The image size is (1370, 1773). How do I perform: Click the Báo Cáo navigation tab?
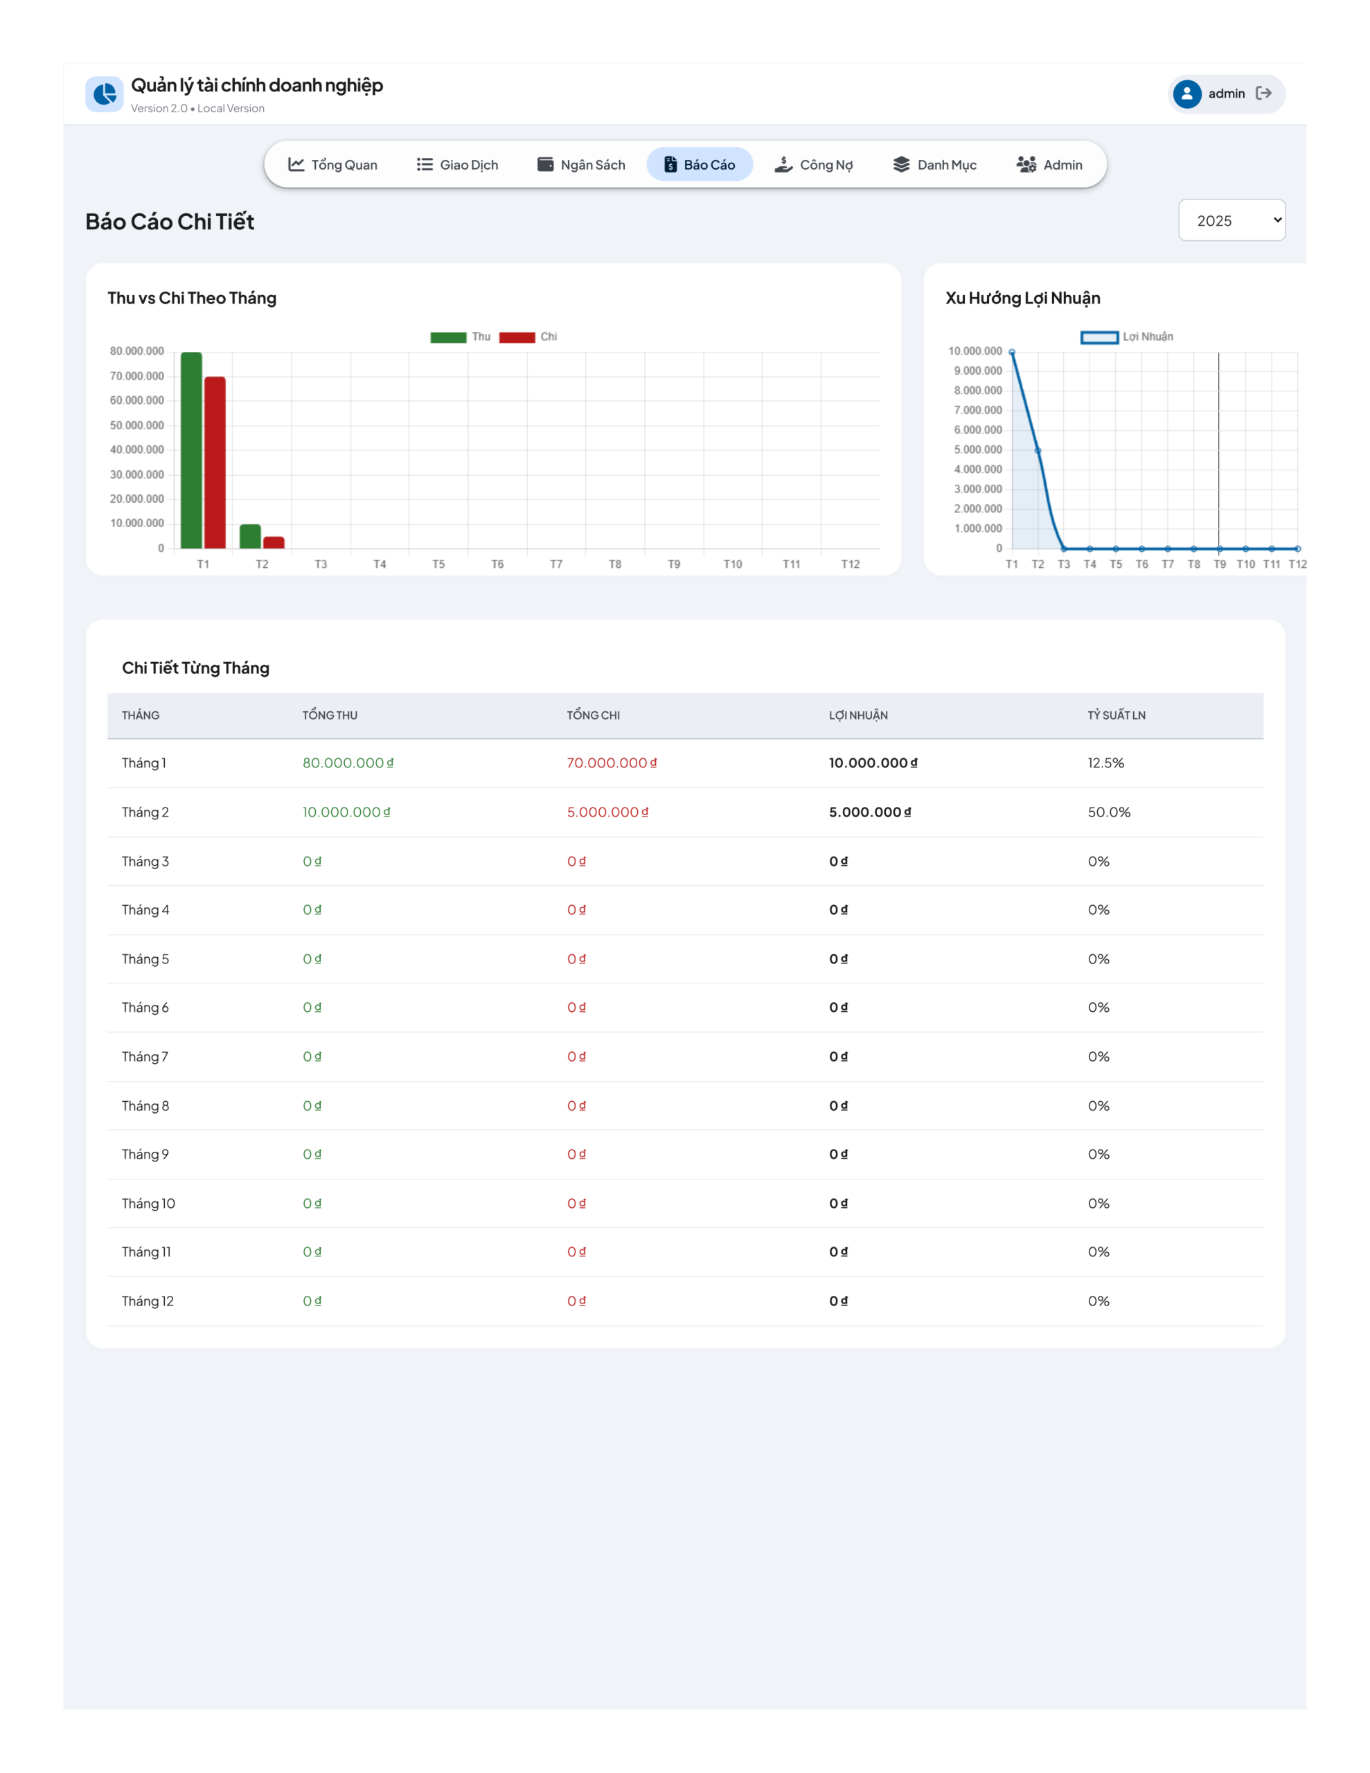tap(700, 165)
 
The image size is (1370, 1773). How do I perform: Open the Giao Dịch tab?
tap(457, 165)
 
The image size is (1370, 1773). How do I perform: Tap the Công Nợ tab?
tap(813, 165)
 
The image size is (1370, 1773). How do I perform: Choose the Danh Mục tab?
tap(935, 165)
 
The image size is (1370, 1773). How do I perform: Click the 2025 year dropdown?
tap(1231, 220)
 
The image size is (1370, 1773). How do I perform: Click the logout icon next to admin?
tap(1263, 93)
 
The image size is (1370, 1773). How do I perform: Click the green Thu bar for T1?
tap(192, 451)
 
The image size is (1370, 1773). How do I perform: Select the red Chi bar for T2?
tap(274, 542)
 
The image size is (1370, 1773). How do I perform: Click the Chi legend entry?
tap(528, 337)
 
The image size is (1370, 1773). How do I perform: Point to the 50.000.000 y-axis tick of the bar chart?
tap(137, 425)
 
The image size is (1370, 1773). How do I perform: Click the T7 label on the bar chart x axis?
tap(556, 564)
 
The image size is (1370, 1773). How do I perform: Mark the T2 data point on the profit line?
tap(1038, 451)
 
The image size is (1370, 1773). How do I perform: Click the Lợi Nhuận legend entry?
tap(1127, 337)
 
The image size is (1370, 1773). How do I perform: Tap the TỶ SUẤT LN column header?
tap(1117, 715)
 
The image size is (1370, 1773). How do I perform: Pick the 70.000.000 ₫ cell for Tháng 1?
tap(612, 763)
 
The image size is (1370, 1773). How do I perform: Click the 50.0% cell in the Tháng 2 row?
tap(1110, 812)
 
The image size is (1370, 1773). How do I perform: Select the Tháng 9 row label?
tap(145, 1155)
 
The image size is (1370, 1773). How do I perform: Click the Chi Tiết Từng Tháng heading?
tap(196, 668)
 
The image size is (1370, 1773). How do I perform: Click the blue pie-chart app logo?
tap(105, 94)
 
